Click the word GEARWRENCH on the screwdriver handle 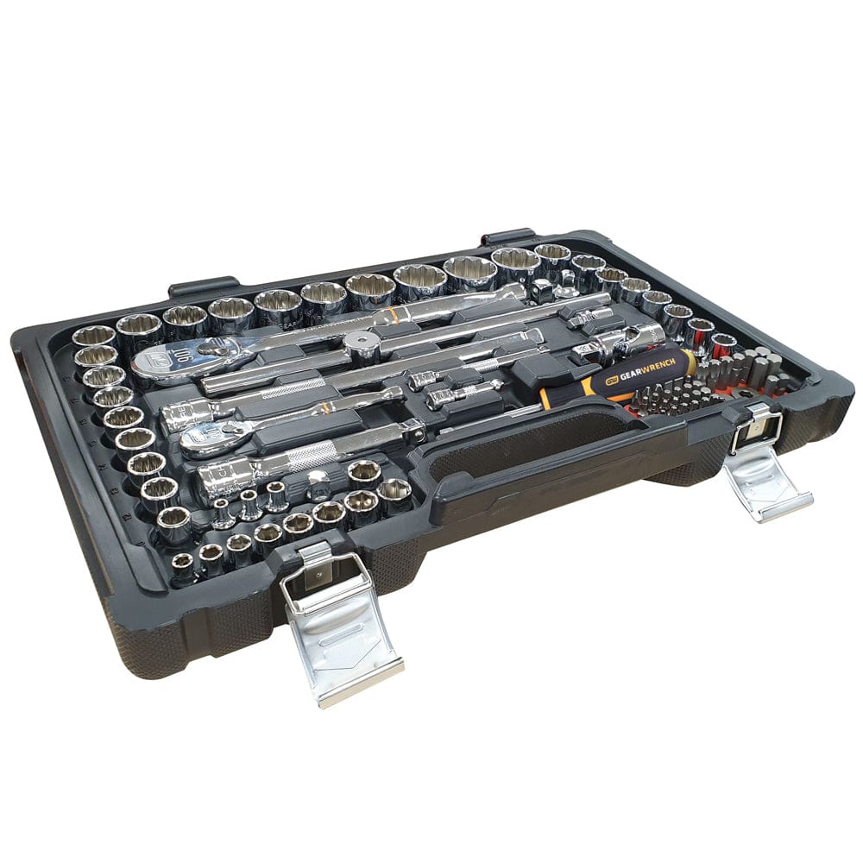click(639, 365)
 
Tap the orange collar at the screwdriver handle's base click(553, 396)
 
